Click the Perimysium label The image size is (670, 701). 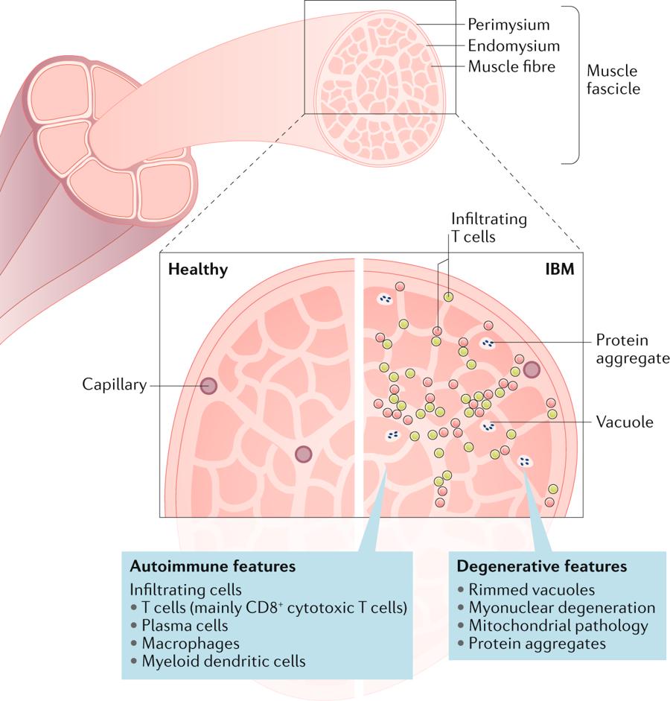click(508, 24)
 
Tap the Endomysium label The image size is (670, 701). click(514, 45)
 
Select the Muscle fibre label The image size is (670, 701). click(511, 66)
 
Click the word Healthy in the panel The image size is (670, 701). click(198, 270)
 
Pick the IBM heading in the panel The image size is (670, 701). click(559, 270)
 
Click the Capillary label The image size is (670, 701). click(115, 384)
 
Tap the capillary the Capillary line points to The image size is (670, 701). click(208, 385)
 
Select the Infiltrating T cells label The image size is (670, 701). click(489, 227)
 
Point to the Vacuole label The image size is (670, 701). click(624, 422)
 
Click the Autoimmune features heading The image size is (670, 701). click(213, 566)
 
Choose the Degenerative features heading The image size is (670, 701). click(541, 566)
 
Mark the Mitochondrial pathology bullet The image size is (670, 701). click(558, 626)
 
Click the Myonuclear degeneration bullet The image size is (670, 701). click(562, 608)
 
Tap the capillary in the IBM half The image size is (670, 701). click(532, 369)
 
